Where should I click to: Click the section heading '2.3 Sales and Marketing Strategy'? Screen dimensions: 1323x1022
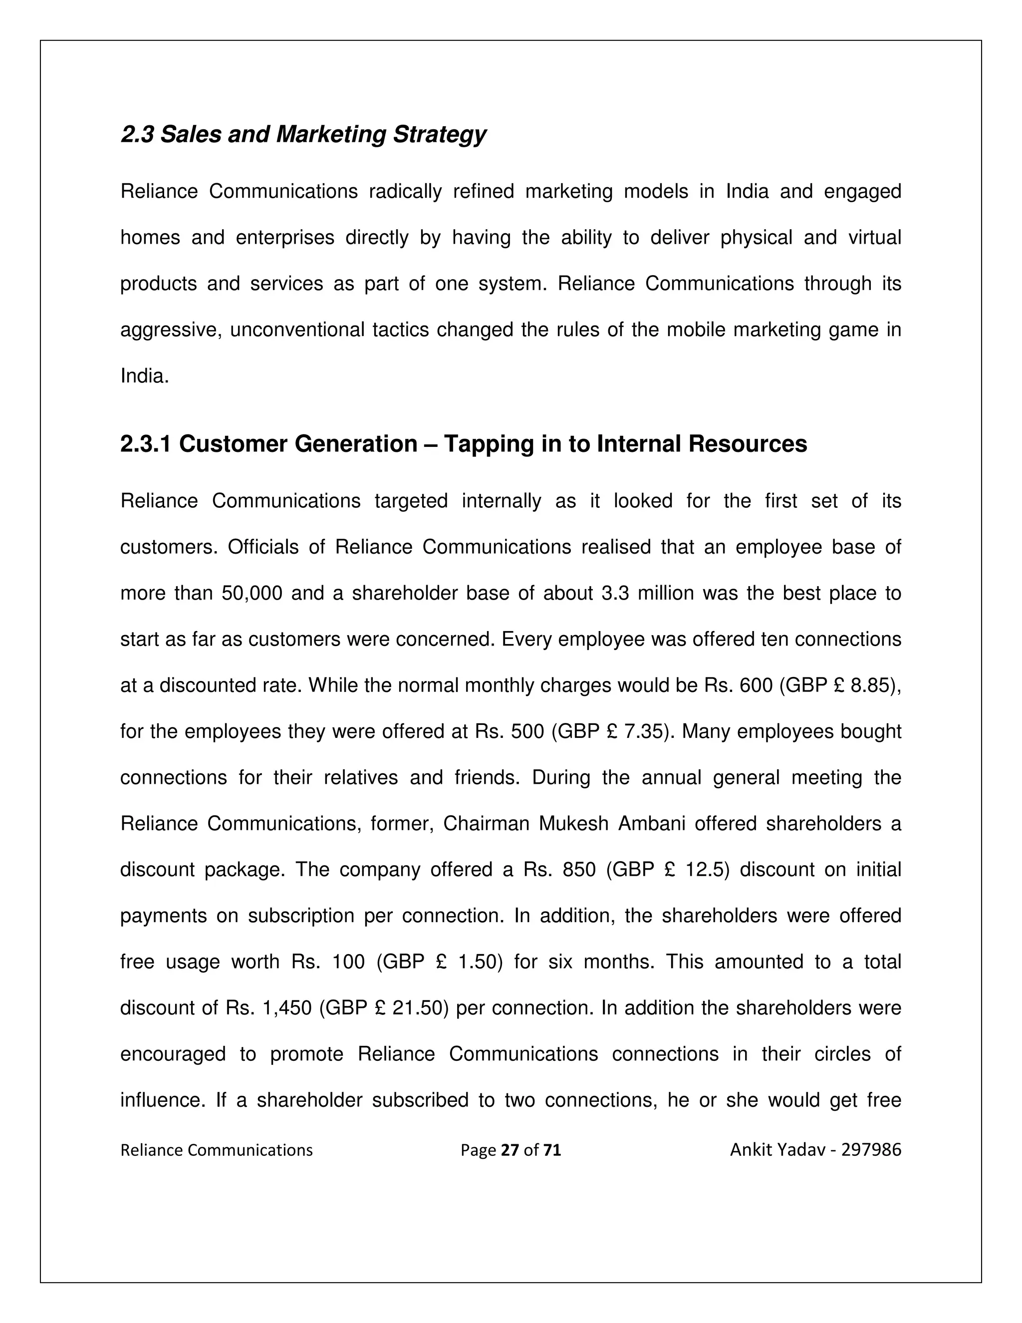pyautogui.click(x=303, y=134)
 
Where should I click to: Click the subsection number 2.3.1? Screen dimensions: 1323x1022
pyautogui.click(x=145, y=444)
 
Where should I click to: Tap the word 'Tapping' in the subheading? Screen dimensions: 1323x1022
pyautogui.click(x=482, y=444)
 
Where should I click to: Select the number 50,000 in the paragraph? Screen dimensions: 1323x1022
pyautogui.click(x=252, y=594)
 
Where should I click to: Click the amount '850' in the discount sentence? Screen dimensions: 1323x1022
pyautogui.click(x=579, y=870)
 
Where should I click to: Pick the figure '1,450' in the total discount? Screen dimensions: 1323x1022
pyautogui.click(x=287, y=1008)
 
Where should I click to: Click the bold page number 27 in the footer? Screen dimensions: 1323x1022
pyautogui.click(x=510, y=1150)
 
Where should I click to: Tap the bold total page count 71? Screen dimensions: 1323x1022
pyautogui.click(x=552, y=1150)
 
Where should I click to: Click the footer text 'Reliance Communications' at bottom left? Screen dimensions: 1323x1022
pyautogui.click(x=216, y=1150)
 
